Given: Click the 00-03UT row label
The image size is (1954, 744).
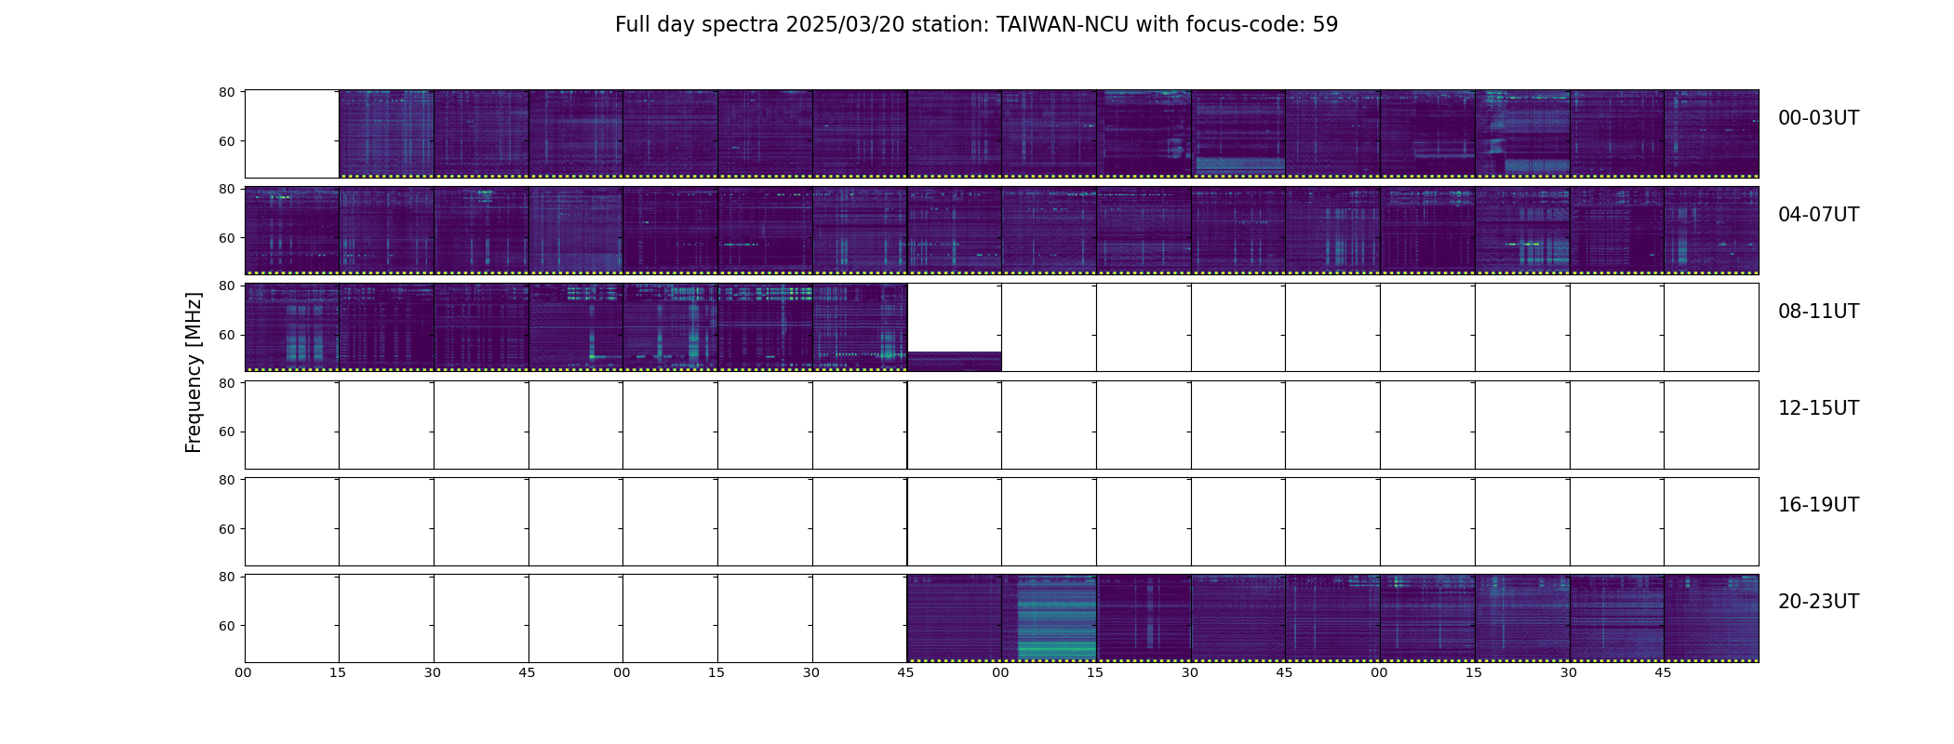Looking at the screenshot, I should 1818,118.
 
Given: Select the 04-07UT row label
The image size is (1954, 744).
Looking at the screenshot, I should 1818,215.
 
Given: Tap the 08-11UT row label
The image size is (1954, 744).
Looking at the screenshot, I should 1818,312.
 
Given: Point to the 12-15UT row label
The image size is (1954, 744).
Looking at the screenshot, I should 1818,408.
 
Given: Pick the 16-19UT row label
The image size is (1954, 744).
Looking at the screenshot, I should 1818,505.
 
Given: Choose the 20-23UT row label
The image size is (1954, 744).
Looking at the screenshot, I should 1818,602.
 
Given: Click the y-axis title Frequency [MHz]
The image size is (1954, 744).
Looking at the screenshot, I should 194,372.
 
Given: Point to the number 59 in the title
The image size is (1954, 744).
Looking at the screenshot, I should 1325,25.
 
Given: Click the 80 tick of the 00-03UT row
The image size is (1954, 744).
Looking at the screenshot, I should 226,92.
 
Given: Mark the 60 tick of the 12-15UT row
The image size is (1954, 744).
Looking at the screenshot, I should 226,432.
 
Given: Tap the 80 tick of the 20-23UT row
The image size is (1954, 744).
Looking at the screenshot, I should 226,577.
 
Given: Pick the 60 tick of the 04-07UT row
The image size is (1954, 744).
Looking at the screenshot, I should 226,238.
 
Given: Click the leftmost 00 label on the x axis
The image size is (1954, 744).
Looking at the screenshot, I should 244,672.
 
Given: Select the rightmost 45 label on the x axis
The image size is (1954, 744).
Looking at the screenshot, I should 1663,672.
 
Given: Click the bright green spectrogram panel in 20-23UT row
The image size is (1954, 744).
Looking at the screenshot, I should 1056,618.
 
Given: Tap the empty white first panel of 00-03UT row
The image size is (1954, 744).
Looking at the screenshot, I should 291,134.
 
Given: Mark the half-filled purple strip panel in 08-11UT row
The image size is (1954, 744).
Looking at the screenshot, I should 955,361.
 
